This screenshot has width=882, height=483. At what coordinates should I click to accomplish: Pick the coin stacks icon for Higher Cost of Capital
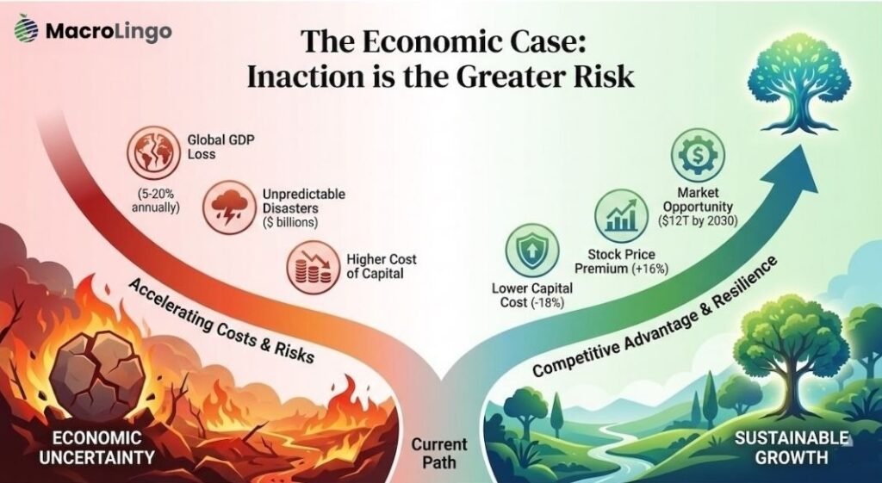click(314, 267)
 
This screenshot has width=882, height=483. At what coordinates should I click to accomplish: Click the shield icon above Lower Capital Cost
click(532, 251)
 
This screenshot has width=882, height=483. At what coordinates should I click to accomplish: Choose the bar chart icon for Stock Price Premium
click(621, 215)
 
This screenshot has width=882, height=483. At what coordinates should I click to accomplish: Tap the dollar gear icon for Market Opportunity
click(698, 155)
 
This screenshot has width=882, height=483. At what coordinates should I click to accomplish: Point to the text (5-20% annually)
click(155, 200)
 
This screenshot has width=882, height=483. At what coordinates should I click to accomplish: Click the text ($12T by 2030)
click(698, 221)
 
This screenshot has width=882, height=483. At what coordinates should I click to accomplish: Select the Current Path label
click(439, 453)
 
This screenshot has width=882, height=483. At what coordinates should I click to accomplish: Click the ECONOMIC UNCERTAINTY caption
click(96, 448)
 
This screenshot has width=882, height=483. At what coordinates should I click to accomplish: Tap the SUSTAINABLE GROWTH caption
click(792, 447)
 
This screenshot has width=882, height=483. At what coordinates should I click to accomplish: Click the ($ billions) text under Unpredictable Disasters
click(290, 222)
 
